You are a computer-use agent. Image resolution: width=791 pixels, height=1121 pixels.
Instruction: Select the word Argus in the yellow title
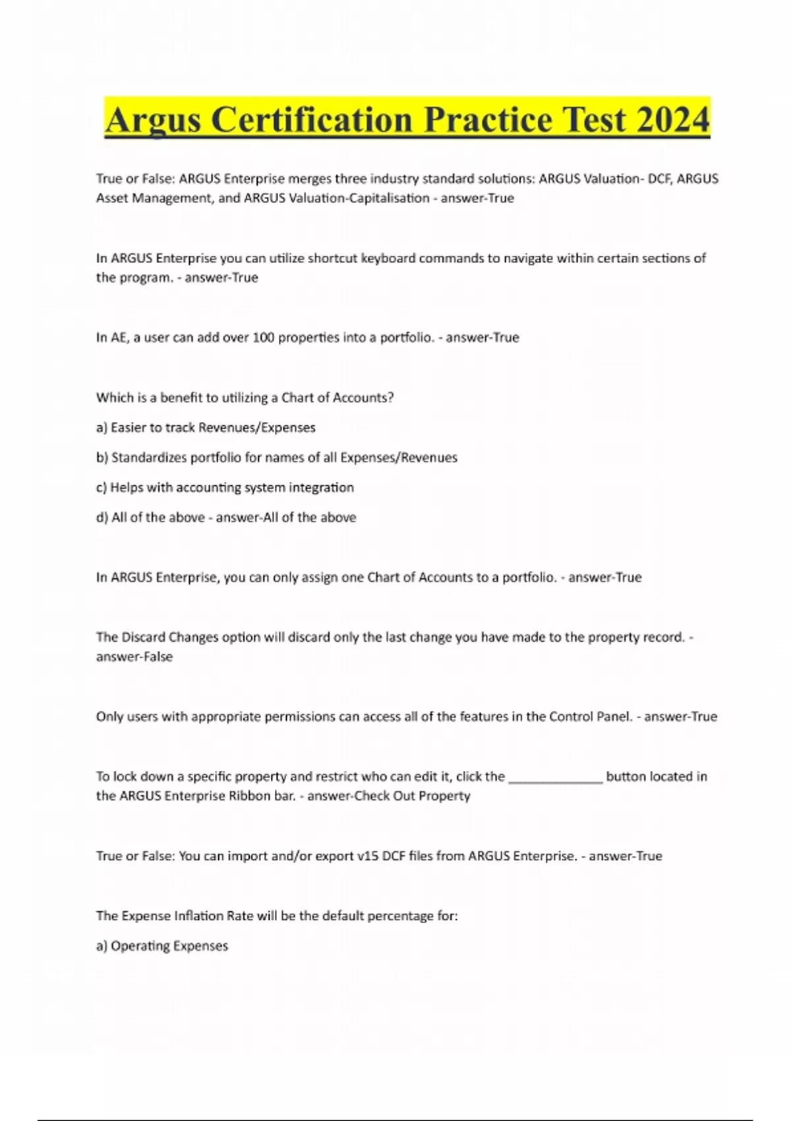coord(153,120)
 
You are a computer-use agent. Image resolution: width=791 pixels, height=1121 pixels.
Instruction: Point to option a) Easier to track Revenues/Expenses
coord(206,427)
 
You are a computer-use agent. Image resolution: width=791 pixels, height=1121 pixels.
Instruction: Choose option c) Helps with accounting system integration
coord(225,487)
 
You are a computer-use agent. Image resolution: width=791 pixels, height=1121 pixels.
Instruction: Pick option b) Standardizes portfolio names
coord(277,458)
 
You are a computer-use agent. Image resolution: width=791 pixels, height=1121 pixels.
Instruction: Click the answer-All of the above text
coord(286,518)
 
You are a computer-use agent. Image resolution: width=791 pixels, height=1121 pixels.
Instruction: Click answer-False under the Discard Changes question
coord(134,657)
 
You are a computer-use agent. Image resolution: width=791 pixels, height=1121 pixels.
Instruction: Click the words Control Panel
coord(591,717)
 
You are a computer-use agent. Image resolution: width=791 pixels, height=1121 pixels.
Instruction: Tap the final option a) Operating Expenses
coord(162,946)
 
